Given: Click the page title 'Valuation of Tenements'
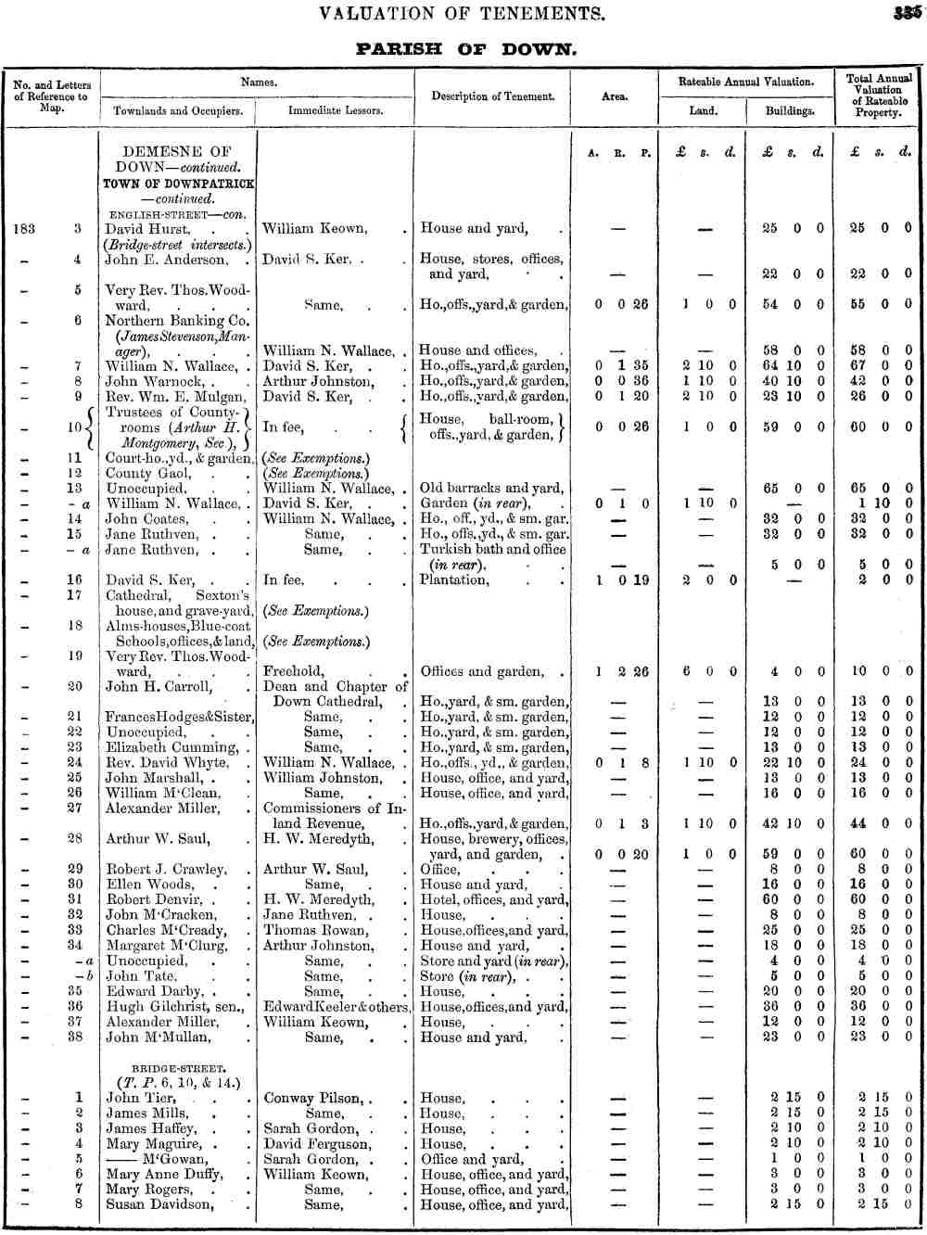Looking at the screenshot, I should [462, 14].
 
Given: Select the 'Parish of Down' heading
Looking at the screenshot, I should [465, 49].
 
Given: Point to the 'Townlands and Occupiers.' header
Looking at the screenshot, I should [178, 110].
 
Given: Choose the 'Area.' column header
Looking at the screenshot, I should [615, 96].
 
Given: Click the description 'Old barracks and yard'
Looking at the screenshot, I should [491, 488].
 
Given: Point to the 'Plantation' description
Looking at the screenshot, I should [454, 579].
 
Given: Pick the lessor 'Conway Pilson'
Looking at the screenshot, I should [314, 1098].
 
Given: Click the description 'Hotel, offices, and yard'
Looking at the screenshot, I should [493, 899].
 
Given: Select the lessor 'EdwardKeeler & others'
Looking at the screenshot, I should [336, 1006].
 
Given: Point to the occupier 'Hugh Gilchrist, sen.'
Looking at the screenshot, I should [174, 1006].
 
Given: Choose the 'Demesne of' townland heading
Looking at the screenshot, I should [177, 152].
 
